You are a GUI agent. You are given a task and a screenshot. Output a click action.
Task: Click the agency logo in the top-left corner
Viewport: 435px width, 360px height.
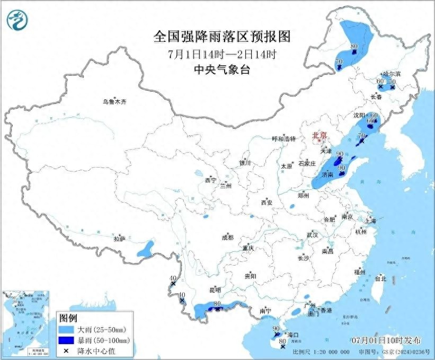(x=17, y=21)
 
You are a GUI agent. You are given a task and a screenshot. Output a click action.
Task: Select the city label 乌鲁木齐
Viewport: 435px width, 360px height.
(x=116, y=101)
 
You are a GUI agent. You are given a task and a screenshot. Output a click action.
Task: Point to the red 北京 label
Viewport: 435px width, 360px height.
(x=319, y=135)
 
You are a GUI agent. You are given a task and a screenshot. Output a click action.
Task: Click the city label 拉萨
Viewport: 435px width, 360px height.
(x=119, y=239)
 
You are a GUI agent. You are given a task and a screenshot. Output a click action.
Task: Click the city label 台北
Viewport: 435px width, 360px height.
(x=380, y=278)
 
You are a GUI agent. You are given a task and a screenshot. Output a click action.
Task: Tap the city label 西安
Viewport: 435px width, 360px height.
(x=266, y=203)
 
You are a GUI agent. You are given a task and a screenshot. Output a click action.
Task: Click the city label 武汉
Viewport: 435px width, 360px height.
(x=312, y=235)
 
